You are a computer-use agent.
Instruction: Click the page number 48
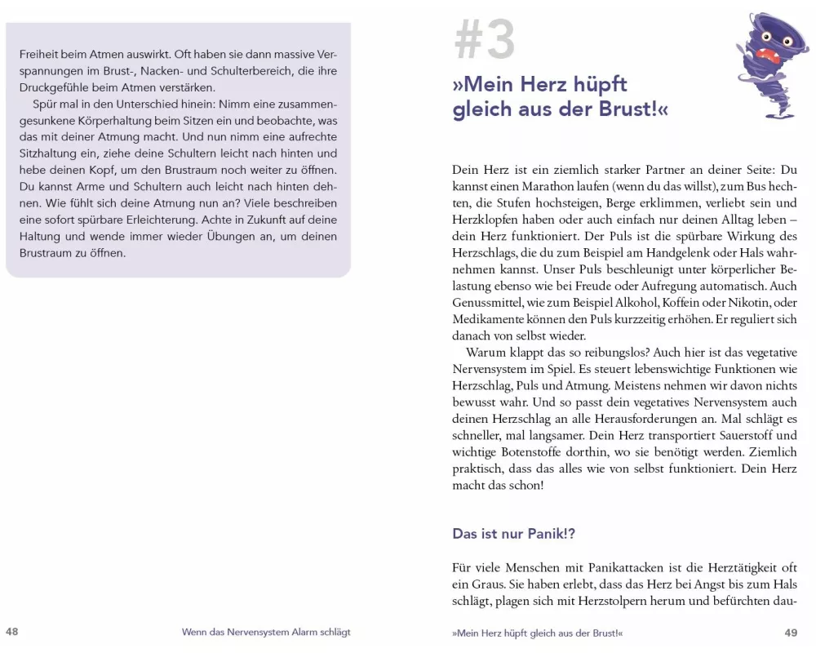[12, 632]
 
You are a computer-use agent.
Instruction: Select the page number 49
[790, 633]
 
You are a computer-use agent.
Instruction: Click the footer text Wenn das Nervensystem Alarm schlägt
[266, 633]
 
